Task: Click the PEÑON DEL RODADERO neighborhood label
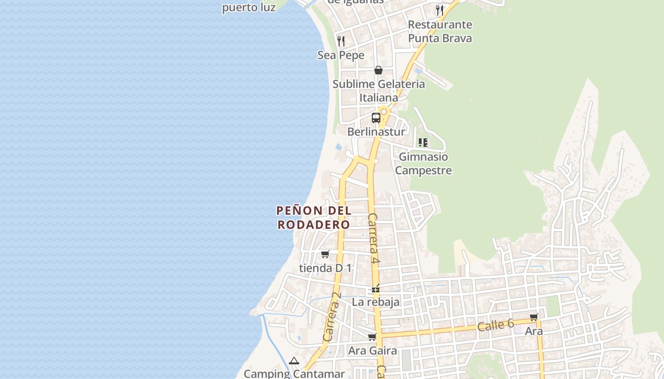tap(314, 217)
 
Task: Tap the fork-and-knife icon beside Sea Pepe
tap(341, 41)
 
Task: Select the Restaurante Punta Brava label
tap(440, 31)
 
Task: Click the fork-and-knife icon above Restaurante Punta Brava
tap(440, 10)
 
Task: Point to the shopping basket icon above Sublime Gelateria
tap(378, 70)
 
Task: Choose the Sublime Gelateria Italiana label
tap(378, 91)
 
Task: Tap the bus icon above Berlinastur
tap(376, 117)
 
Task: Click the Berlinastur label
tap(376, 132)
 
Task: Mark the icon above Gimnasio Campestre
tap(423, 142)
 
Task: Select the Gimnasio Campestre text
tap(423, 163)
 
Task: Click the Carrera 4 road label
tap(374, 238)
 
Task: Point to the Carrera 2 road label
tap(332, 316)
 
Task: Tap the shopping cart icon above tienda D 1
tap(325, 254)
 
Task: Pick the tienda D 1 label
tap(325, 268)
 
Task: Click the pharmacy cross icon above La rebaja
tap(376, 289)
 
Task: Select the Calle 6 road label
tap(495, 325)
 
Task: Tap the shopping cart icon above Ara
tap(534, 317)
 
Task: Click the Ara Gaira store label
tap(372, 351)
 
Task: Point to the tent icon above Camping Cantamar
tap(294, 361)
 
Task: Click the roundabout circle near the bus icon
tap(384, 112)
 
